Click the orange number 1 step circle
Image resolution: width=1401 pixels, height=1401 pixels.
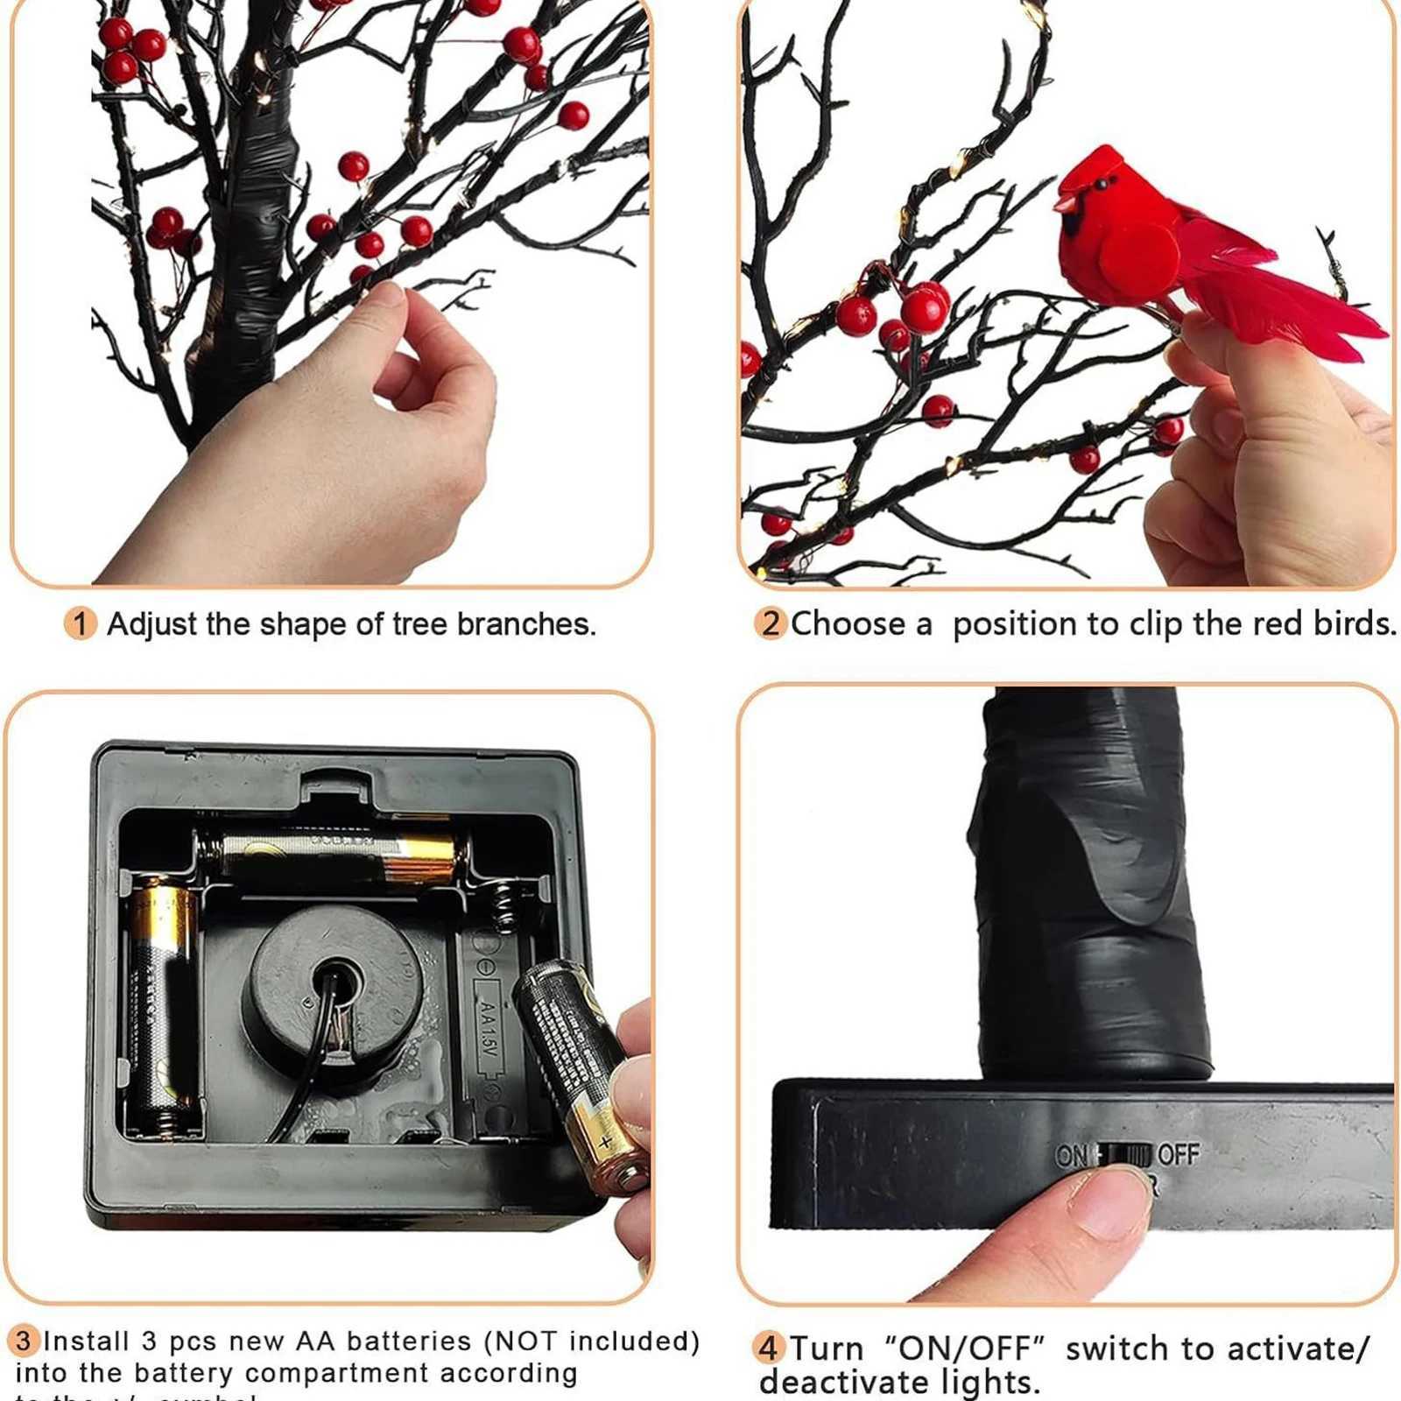coord(81,623)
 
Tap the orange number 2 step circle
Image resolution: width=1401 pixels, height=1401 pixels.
coord(771,623)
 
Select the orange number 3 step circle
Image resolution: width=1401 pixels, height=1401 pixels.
coord(24,1341)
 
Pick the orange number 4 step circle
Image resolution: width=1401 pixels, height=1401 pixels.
coord(768,1348)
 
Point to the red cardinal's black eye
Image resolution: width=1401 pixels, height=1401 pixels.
coord(1102,184)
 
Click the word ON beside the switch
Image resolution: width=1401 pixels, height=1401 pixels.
coord(1071,1156)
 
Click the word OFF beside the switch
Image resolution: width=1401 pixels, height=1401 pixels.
coord(1179,1155)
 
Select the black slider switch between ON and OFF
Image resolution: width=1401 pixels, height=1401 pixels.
coord(1124,1155)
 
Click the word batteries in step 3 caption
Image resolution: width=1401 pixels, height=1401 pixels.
coord(409,1341)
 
